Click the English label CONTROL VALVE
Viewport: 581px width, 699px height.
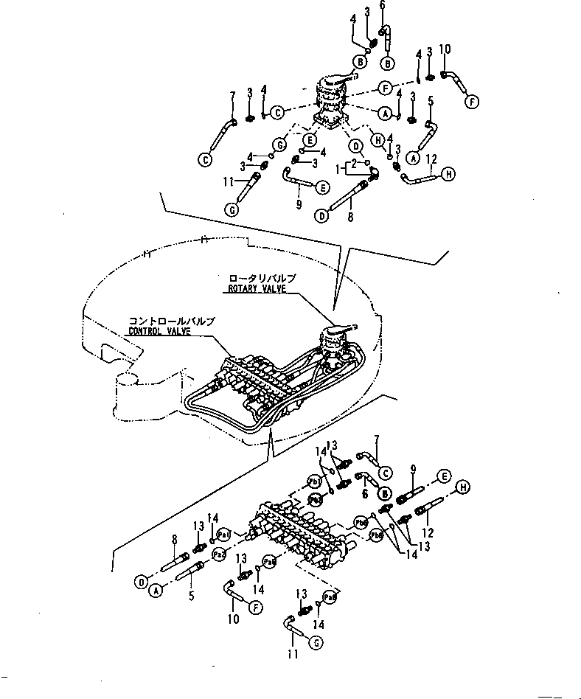click(160, 332)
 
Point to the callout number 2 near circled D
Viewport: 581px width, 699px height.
click(354, 161)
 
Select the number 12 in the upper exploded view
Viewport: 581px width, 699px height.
click(433, 159)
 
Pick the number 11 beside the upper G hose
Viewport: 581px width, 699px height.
click(229, 180)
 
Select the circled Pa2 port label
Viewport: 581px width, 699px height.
click(218, 553)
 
